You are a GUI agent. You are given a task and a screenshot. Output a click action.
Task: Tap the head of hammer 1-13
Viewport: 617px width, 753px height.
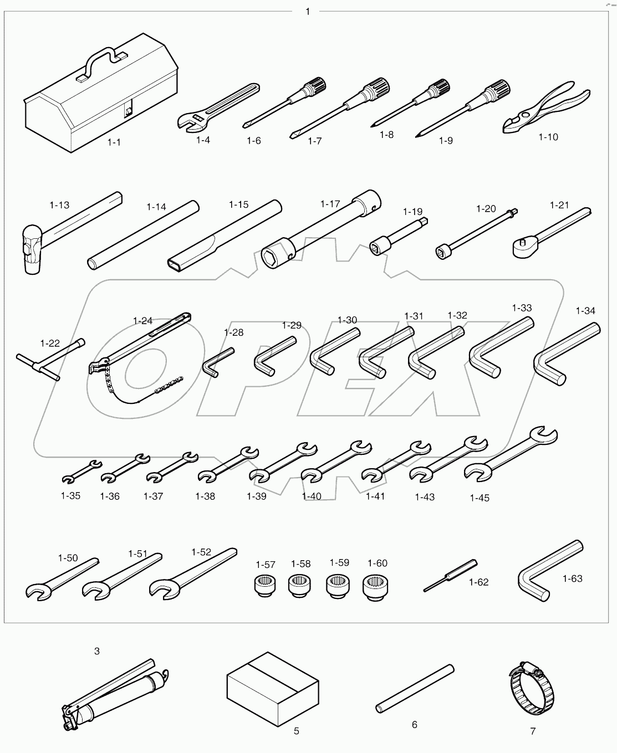coord(33,247)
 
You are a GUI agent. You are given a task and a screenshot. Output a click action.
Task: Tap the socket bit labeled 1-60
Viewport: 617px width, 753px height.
coord(374,587)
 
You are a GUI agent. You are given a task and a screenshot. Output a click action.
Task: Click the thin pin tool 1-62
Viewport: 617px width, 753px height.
coord(449,576)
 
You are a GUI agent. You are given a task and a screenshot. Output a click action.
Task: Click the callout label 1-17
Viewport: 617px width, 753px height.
coord(330,204)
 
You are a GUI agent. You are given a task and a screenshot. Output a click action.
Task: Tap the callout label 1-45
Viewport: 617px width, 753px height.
coord(480,498)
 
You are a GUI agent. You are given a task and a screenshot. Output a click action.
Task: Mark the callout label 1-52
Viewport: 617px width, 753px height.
coord(201,552)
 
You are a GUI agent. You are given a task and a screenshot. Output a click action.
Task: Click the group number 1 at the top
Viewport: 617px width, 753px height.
coord(308,11)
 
